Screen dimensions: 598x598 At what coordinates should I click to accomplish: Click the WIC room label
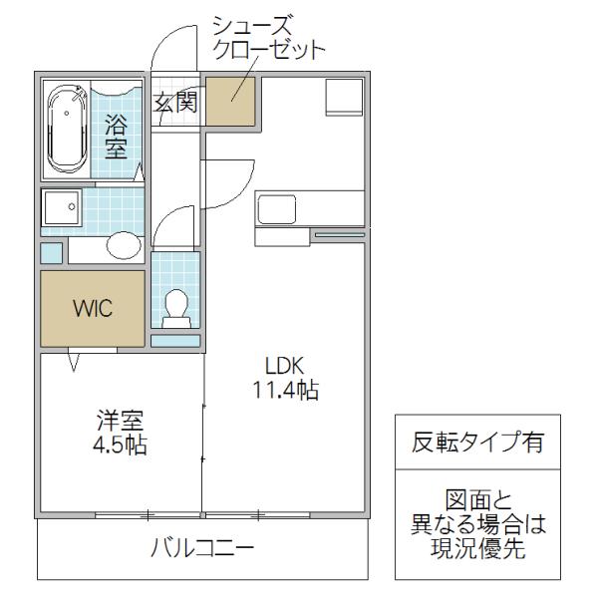click(x=93, y=308)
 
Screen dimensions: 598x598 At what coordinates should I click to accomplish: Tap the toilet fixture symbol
click(x=176, y=309)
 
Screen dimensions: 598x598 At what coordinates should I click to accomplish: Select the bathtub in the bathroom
click(x=67, y=129)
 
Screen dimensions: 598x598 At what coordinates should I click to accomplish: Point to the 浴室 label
click(x=116, y=137)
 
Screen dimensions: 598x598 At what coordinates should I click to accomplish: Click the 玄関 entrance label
click(x=175, y=102)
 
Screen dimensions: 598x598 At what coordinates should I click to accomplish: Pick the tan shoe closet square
click(x=231, y=102)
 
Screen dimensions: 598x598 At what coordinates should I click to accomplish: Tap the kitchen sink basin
click(x=277, y=209)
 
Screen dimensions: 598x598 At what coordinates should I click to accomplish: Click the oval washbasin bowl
click(x=124, y=245)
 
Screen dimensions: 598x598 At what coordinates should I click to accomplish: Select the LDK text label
click(x=284, y=366)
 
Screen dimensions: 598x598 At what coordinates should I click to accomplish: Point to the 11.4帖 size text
click(x=286, y=390)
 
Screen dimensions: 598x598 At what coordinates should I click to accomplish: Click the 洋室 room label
click(x=121, y=421)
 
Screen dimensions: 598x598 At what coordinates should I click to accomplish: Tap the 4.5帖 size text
click(x=120, y=445)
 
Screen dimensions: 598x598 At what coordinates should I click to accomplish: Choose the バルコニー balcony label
click(x=202, y=548)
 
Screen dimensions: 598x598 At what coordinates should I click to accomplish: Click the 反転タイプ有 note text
click(x=477, y=442)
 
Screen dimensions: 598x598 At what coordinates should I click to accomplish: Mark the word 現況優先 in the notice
click(x=478, y=548)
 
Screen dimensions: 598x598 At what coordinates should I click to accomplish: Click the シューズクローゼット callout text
click(x=268, y=38)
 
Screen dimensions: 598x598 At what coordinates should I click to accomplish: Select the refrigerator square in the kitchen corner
click(x=344, y=98)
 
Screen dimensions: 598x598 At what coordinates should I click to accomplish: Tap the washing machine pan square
click(x=62, y=208)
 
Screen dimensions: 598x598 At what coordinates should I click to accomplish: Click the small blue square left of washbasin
click(x=51, y=253)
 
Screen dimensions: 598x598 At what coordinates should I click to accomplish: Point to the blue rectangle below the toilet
click(x=175, y=341)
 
